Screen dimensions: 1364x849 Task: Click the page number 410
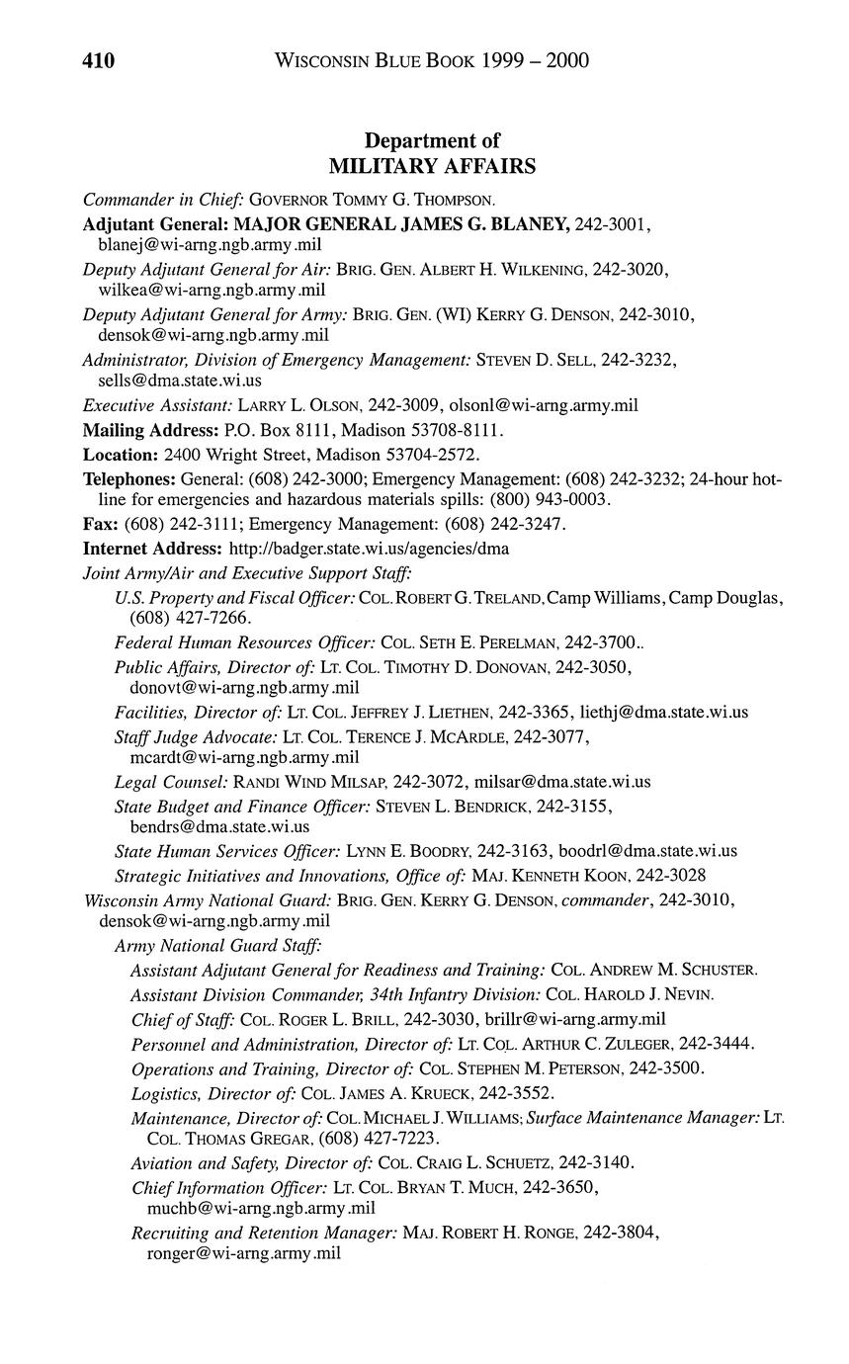[99, 61]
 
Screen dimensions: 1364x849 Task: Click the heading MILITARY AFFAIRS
[432, 166]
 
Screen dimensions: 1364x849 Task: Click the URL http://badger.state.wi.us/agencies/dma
[369, 548]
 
